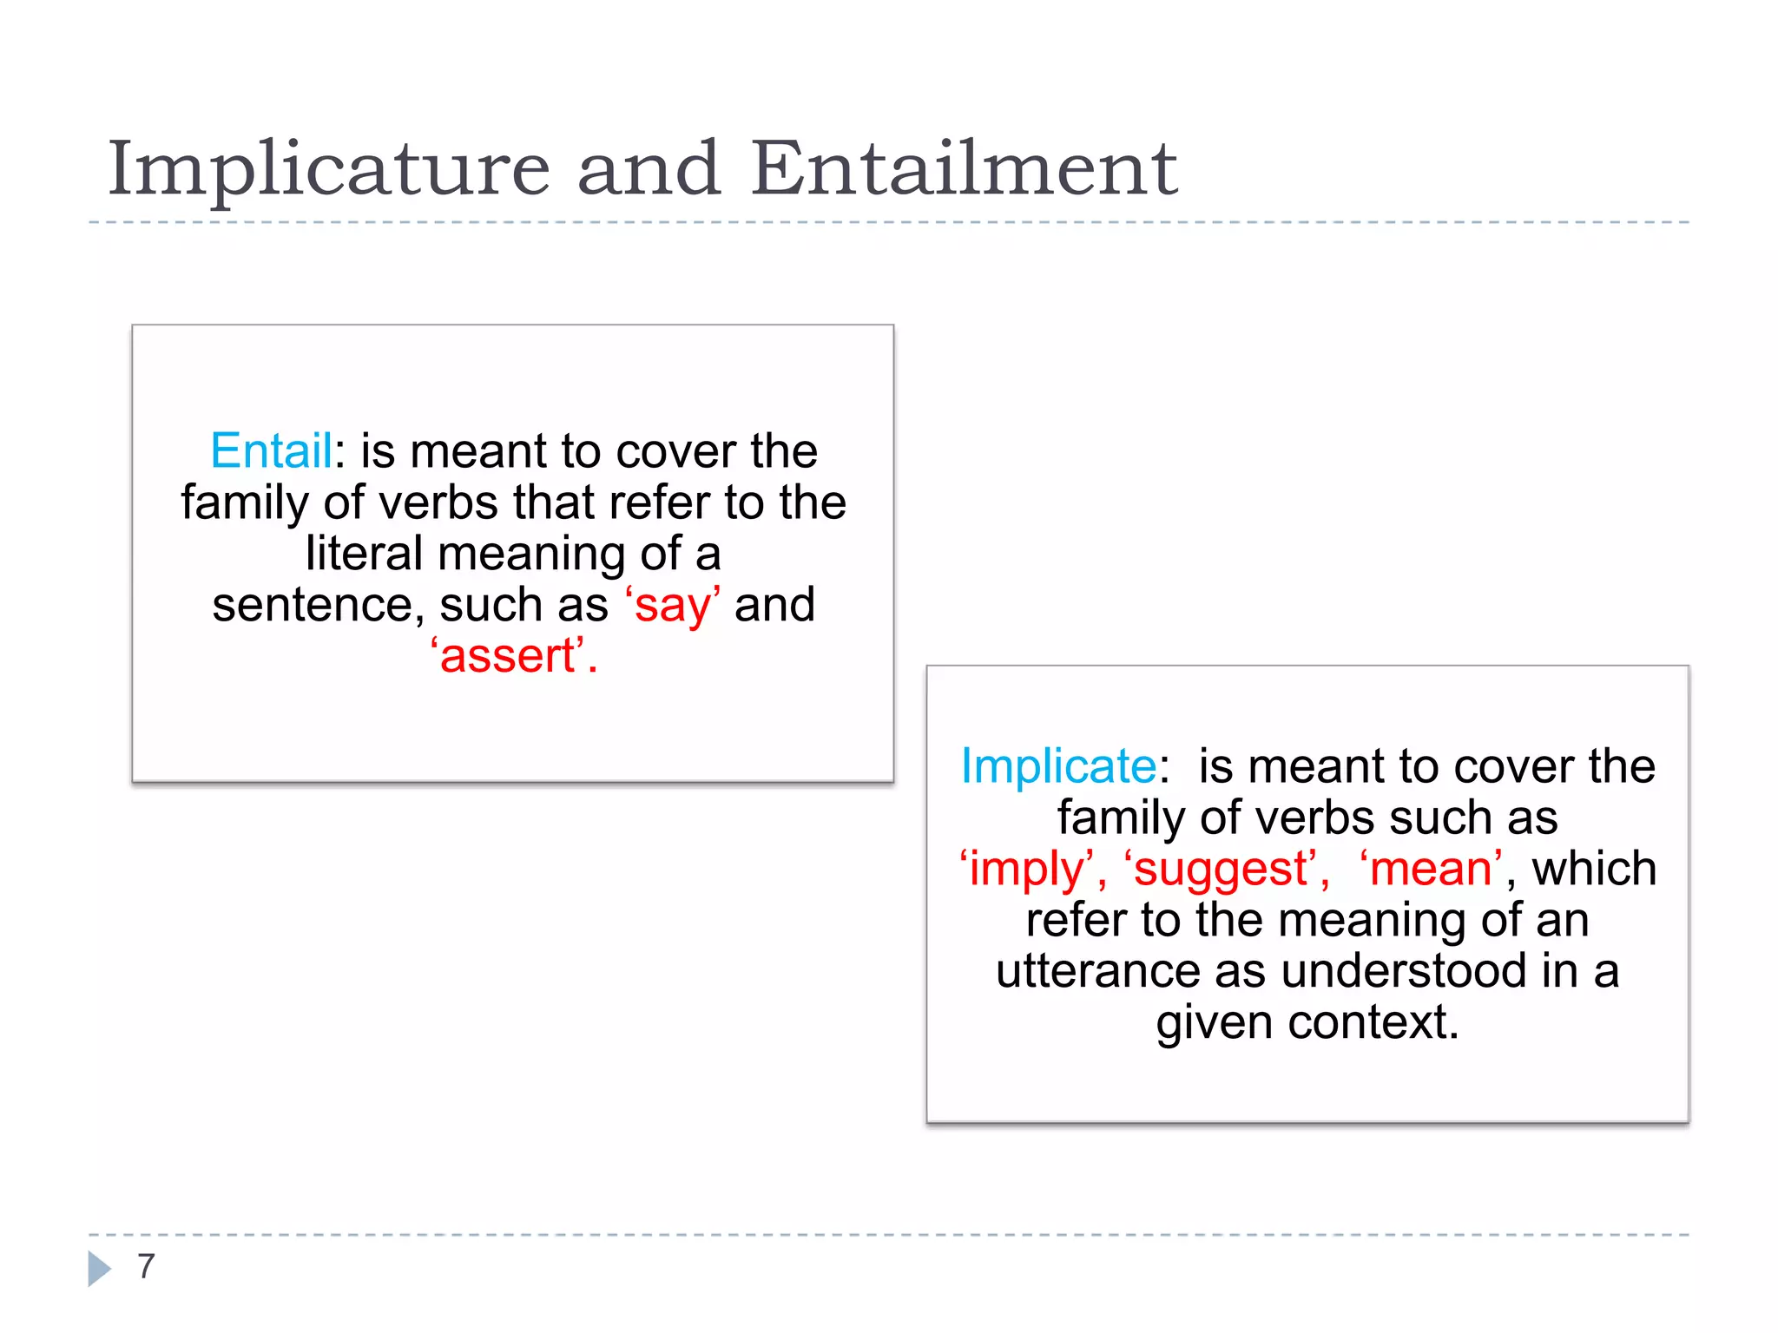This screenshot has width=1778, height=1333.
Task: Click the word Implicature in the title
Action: pos(328,169)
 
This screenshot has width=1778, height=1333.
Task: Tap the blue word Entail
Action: pos(271,451)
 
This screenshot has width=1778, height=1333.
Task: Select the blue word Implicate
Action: pos(1058,766)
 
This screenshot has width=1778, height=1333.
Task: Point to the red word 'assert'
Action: pos(508,656)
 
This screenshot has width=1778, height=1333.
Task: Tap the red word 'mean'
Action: pos(1431,869)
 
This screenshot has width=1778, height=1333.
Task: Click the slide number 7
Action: pos(146,1267)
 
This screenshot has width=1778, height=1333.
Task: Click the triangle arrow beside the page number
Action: pos(100,1268)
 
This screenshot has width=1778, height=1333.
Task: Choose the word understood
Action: pos(1403,971)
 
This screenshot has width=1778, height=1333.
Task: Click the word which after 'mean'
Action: pos(1594,869)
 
